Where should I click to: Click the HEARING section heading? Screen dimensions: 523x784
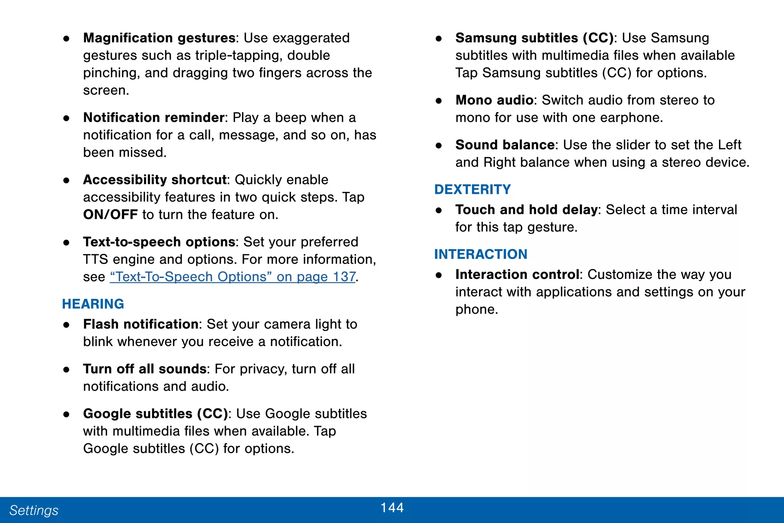93,304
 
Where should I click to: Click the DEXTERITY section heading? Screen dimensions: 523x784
472,189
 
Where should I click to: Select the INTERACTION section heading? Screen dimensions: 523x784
480,254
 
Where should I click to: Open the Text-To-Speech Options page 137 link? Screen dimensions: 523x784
233,277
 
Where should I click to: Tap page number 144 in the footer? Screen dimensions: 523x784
392,508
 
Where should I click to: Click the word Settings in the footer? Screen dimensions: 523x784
34,510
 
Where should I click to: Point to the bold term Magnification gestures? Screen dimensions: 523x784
159,38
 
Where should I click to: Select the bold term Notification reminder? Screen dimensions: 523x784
154,117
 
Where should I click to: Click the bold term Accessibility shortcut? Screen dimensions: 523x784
155,180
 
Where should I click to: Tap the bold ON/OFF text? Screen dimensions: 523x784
110,215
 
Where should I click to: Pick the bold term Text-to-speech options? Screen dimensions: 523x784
159,242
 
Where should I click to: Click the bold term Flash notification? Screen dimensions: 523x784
140,324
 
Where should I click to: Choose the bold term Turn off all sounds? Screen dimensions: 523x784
145,369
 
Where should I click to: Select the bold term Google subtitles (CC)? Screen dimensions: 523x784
155,414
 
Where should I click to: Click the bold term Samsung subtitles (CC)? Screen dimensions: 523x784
534,38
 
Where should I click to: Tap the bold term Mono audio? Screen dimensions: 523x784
494,100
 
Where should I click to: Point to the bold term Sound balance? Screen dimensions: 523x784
505,145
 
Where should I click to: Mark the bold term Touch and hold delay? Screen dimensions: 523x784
526,210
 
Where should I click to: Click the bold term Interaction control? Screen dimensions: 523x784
517,274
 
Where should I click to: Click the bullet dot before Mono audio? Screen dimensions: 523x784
439,101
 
